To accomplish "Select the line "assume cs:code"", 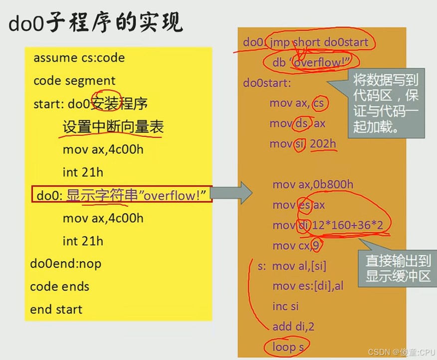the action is click(79, 58).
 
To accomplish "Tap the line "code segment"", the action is click(74, 81).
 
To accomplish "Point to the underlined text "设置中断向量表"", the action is click(113, 127).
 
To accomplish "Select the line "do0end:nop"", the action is click(65, 264).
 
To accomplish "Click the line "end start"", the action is click(56, 310).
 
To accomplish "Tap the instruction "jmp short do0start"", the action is click(319, 42).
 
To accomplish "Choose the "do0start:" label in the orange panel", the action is click(267, 83).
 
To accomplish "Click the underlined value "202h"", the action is click(323, 144).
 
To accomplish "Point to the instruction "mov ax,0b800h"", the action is click(313, 185).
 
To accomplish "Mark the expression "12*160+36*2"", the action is click(347, 226).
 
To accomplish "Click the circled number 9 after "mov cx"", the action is click(316, 246).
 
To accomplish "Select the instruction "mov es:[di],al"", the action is click(308, 286).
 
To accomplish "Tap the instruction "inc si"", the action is click(286, 306).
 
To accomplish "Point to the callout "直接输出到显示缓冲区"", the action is click(398, 269).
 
